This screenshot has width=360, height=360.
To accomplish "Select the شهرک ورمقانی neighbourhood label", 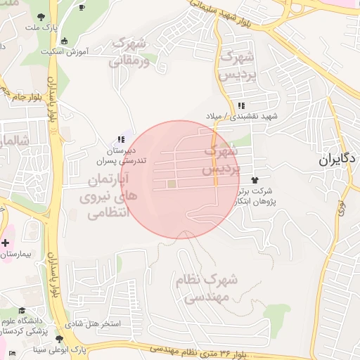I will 129,51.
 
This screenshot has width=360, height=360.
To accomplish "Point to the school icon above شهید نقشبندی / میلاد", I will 242,105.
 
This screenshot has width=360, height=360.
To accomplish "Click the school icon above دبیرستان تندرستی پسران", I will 121,140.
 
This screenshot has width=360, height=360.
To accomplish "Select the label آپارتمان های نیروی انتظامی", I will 109,197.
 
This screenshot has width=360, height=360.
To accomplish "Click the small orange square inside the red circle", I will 172,184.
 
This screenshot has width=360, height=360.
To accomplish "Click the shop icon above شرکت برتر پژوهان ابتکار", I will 264,181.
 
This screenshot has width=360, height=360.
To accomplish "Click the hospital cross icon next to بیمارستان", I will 6,243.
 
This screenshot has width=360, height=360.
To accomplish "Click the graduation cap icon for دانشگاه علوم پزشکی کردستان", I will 22,310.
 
